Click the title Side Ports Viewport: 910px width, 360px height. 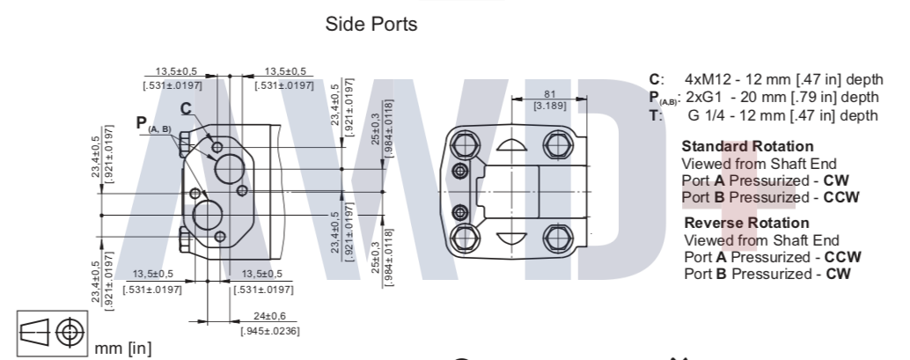pos(371,25)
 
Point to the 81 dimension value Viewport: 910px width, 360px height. pos(549,94)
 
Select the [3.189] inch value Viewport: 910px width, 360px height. pos(549,106)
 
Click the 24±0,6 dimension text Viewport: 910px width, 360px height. pos(269,316)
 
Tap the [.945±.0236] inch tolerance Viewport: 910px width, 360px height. pos(270,331)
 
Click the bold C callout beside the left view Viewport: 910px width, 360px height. pos(186,108)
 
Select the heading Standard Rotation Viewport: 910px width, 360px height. pos(747,146)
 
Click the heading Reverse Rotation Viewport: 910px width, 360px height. pos(746,223)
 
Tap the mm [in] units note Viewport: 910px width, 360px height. pos(123,349)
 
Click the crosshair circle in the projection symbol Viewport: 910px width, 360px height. pos(70,333)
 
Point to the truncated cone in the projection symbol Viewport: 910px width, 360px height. pos(34,332)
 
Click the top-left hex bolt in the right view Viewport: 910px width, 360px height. pos(465,143)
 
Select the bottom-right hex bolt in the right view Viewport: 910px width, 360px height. pos(557,239)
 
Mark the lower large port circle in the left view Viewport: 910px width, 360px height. pos(208,216)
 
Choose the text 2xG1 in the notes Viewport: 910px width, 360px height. pos(703,97)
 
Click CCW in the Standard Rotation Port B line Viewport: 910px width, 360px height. pos(841,197)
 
